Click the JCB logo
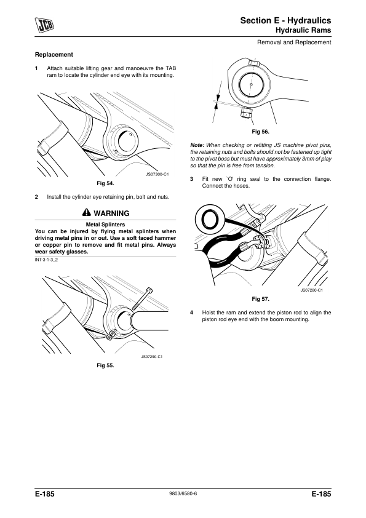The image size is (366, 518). pyautogui.click(x=44, y=25)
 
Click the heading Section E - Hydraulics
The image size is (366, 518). pyautogui.click(x=285, y=20)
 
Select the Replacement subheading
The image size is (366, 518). pyautogui.click(x=54, y=55)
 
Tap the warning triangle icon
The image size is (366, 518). pyautogui.click(x=87, y=212)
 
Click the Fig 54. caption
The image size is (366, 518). pyautogui.click(x=105, y=183)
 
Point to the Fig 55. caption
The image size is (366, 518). pyautogui.click(x=105, y=365)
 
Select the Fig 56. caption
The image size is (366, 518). pyautogui.click(x=260, y=132)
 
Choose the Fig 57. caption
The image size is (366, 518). pyautogui.click(x=260, y=299)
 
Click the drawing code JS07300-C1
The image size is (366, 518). pyautogui.click(x=157, y=175)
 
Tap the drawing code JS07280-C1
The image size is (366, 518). pyautogui.click(x=311, y=290)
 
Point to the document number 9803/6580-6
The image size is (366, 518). pyautogui.click(x=183, y=493)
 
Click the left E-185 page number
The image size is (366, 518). pyautogui.click(x=44, y=494)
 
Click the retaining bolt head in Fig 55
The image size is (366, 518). pyautogui.click(x=149, y=290)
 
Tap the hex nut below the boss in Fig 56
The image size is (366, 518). pyautogui.click(x=247, y=113)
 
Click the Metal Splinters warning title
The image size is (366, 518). pyautogui.click(x=105, y=225)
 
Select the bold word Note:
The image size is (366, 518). pyautogui.click(x=197, y=145)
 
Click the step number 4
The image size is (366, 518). pyautogui.click(x=191, y=313)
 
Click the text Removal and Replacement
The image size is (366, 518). pyautogui.click(x=294, y=42)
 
